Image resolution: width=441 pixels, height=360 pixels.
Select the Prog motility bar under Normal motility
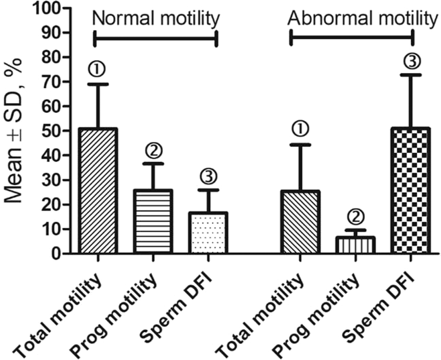(153, 222)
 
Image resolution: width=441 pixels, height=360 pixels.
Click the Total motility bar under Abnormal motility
(300, 222)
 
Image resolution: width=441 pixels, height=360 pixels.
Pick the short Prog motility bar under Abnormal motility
(356, 245)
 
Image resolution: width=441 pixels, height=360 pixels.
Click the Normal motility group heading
(155, 19)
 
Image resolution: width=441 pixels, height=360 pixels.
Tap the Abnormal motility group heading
(362, 19)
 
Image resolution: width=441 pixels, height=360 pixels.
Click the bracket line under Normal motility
(155, 38)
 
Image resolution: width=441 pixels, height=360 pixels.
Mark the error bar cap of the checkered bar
(410, 75)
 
